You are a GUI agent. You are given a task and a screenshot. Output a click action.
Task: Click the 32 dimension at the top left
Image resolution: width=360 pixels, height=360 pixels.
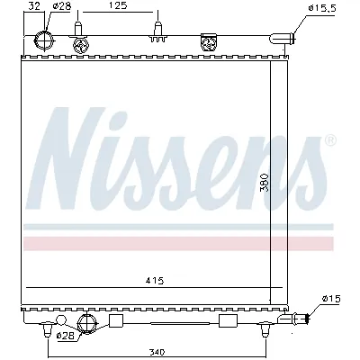(34, 6)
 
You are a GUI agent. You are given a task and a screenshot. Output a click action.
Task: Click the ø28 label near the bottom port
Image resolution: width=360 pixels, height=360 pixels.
(65, 336)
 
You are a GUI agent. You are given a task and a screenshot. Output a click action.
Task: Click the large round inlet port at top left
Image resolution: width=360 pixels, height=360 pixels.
(43, 40)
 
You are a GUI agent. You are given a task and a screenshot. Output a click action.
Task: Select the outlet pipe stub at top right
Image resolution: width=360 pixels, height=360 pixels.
(289, 38)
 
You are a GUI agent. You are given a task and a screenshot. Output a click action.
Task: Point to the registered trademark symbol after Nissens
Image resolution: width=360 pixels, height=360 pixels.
(329, 140)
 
